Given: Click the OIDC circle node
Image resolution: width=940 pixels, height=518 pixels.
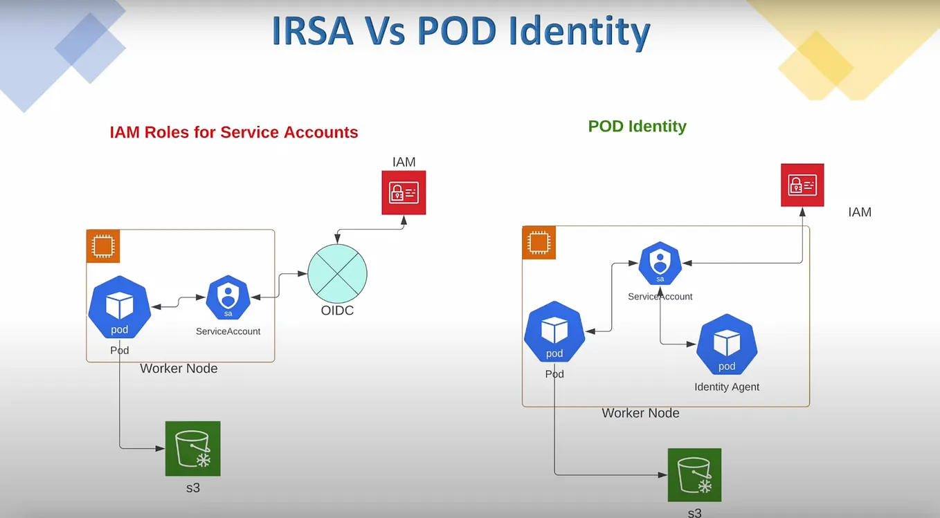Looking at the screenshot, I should click(x=337, y=274).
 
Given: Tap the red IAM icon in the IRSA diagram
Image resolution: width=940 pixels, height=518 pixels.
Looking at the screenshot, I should click(x=404, y=192).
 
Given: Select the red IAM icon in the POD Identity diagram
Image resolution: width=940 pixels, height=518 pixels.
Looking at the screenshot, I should click(x=802, y=185).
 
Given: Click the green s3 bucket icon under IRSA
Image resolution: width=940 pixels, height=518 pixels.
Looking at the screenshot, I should click(x=192, y=448).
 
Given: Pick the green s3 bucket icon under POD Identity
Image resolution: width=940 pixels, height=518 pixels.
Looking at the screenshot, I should click(x=694, y=474).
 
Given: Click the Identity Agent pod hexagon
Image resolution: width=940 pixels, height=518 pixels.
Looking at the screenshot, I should click(x=727, y=344).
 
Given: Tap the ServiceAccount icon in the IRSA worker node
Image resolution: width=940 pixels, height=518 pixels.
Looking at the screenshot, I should click(x=228, y=298).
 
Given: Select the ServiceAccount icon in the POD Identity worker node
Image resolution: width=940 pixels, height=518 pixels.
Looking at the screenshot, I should click(x=660, y=263).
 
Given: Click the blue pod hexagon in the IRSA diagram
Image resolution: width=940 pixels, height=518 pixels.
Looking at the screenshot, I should click(x=120, y=307).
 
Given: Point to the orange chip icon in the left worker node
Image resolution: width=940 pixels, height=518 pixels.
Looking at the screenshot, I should click(x=103, y=246).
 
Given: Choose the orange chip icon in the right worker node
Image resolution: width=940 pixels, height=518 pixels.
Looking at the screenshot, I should click(x=539, y=243).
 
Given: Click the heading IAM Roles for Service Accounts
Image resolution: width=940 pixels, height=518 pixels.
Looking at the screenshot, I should click(x=234, y=132).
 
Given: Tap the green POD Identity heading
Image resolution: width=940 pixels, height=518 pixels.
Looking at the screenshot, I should click(x=637, y=126).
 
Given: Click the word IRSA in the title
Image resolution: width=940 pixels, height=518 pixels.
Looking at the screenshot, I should click(x=316, y=31).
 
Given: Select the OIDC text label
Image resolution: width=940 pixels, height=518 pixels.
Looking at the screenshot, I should click(x=337, y=311).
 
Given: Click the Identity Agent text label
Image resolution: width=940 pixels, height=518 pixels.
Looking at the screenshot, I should click(x=727, y=387).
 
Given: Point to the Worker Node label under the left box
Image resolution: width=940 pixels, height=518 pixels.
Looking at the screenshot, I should click(x=179, y=368).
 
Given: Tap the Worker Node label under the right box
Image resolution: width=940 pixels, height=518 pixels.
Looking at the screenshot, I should click(x=640, y=413).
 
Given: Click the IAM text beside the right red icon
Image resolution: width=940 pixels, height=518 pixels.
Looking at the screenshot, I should click(x=860, y=212).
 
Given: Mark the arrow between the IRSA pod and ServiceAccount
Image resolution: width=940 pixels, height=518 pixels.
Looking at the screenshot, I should click(x=179, y=302).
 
